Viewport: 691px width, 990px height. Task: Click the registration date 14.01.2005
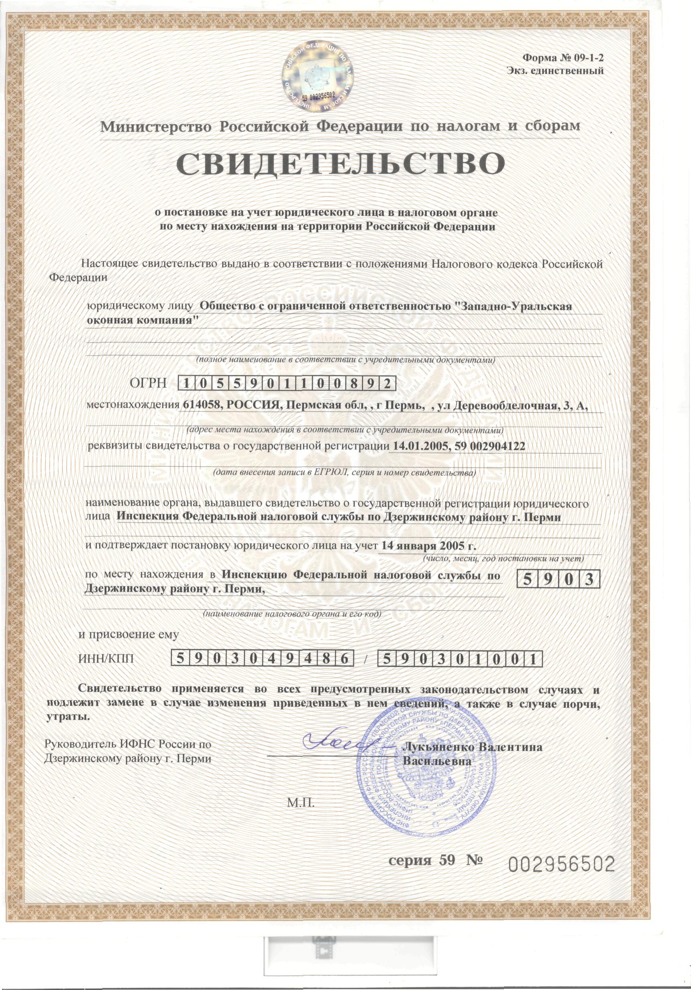pos(417,446)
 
